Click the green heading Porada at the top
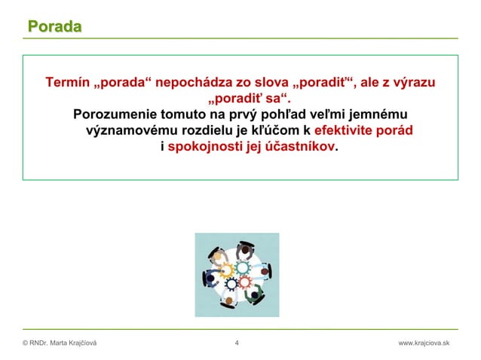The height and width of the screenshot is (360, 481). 55,27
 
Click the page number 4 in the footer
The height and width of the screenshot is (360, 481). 237,343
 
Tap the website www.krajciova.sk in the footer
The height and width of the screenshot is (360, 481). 423,343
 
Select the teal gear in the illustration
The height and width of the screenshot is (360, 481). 243,267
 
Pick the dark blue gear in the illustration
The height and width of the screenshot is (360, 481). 224,284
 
